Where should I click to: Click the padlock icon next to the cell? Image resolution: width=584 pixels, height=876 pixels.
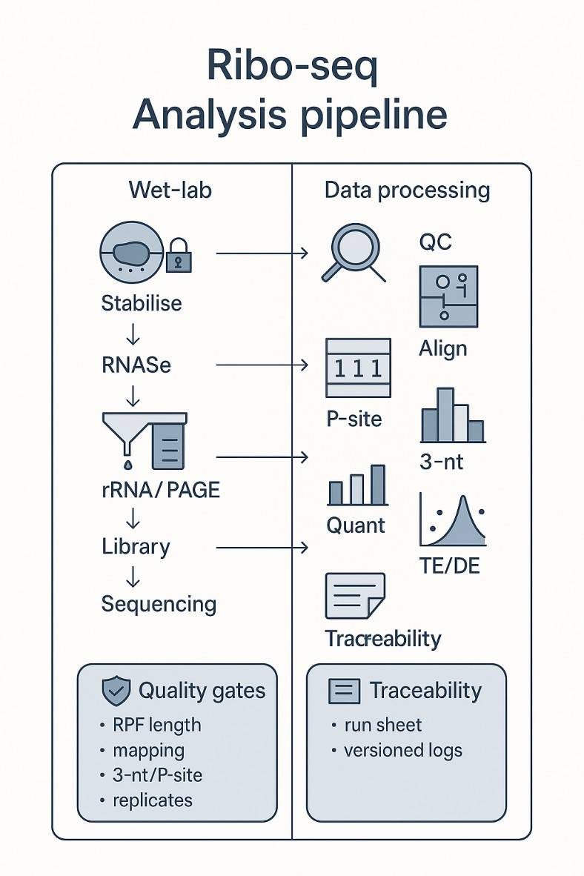[x=179, y=256]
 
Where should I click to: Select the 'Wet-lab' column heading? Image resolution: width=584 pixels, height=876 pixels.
[x=170, y=190]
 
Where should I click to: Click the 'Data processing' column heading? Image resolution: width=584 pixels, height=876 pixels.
[x=407, y=190]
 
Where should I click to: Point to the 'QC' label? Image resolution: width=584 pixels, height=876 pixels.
[x=435, y=242]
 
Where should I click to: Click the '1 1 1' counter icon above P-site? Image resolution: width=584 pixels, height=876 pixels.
[x=358, y=368]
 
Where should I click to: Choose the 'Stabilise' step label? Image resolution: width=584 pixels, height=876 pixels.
[x=142, y=304]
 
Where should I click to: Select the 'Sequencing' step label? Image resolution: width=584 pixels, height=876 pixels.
[x=159, y=604]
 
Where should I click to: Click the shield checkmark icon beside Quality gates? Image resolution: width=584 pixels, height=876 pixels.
[x=116, y=691]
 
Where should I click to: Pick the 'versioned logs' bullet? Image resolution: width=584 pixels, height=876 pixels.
[x=402, y=750]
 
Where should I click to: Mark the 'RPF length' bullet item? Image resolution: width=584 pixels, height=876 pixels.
[x=156, y=725]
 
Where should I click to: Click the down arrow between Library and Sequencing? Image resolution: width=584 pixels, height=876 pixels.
[x=133, y=575]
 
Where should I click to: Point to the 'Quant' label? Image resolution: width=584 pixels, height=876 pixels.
[x=356, y=525]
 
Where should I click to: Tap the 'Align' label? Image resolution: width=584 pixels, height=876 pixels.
[x=443, y=348]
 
